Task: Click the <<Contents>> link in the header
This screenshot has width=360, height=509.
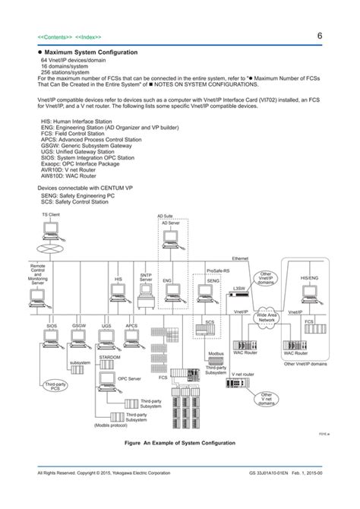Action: point(54,37)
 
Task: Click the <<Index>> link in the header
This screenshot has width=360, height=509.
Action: point(88,37)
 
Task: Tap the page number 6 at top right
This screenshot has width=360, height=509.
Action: point(320,36)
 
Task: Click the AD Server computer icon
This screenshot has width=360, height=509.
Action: point(171,241)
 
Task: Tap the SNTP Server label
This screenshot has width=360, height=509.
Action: point(146,277)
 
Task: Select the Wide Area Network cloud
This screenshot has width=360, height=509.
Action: point(267,318)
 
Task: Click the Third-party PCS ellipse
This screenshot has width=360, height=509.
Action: point(55,386)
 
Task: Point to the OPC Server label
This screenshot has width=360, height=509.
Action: point(129,378)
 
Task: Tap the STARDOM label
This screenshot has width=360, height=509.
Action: point(109,356)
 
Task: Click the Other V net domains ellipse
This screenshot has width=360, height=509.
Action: point(267,399)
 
